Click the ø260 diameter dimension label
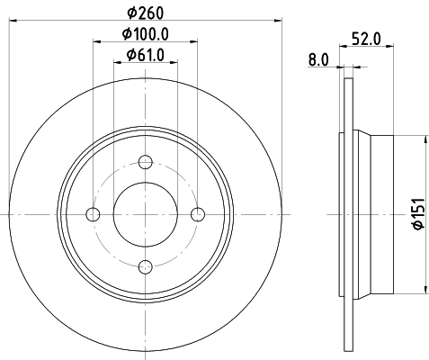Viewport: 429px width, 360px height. [146, 13]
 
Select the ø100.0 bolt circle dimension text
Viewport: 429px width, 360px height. [146, 34]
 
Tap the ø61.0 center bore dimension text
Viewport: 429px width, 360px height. [146, 55]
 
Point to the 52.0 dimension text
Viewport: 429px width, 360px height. [366, 39]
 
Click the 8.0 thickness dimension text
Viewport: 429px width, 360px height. [318, 60]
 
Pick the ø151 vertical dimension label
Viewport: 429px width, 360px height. [419, 213]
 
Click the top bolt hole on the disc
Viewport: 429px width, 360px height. [146, 162]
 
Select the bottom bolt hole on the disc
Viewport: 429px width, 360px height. [146, 266]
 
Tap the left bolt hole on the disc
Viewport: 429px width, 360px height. [93, 214]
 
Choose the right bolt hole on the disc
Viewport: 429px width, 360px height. [198, 214]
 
